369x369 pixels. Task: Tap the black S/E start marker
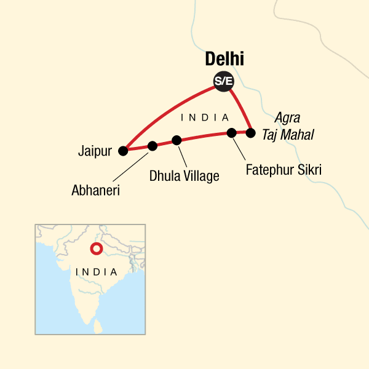223,81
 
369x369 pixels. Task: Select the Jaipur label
95,150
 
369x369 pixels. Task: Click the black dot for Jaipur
124,150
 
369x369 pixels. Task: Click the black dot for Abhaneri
153,146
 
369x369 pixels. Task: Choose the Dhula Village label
184,177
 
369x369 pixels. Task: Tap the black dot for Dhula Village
177,140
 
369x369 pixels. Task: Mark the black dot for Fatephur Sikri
231,132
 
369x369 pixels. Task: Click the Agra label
288,117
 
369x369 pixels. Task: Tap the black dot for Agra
250,132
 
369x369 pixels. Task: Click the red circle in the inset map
96,249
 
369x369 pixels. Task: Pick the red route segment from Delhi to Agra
240,106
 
